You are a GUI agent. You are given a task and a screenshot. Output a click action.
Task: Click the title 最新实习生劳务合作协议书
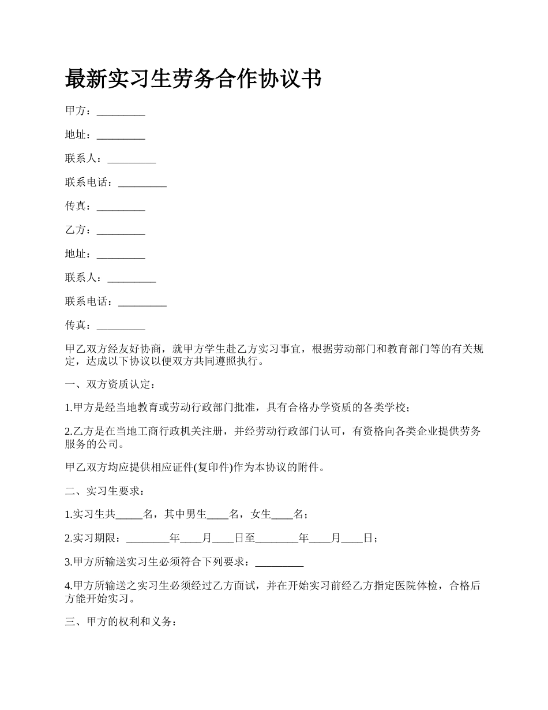(193, 79)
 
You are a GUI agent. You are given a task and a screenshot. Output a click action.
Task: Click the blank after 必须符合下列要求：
(279, 562)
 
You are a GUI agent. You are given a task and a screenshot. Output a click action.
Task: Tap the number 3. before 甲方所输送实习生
(69, 562)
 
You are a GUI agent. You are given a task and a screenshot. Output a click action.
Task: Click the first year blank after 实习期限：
(148, 539)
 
